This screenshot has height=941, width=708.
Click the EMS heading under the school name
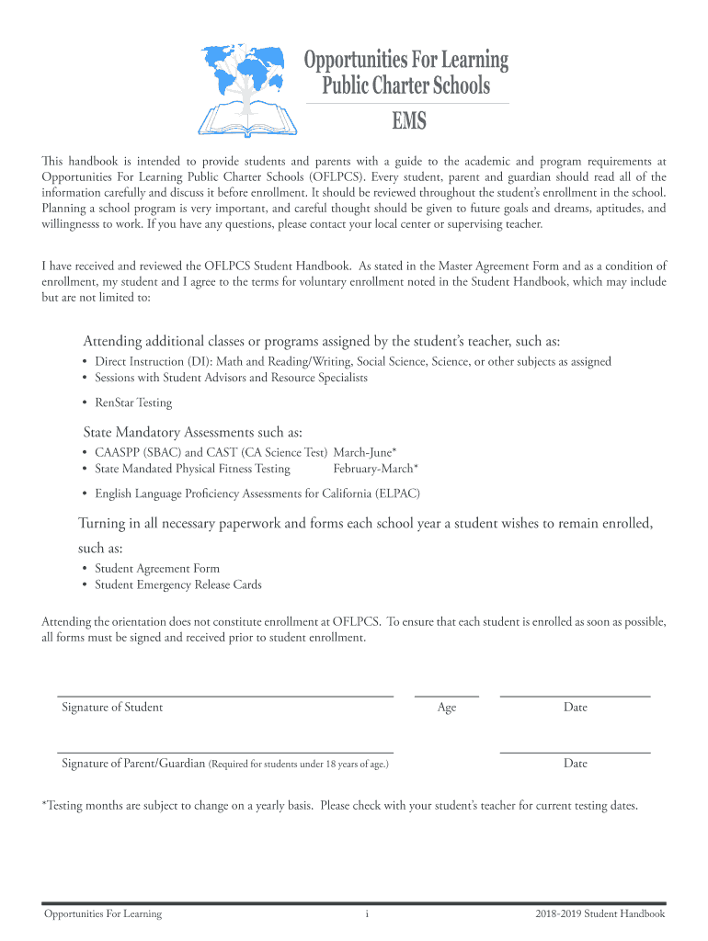click(405, 121)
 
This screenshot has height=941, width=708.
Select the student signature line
click(225, 696)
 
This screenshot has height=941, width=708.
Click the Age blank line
click(447, 696)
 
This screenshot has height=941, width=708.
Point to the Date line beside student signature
click(575, 696)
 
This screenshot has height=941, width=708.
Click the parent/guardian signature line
click(225, 752)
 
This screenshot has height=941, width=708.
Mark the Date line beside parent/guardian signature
click(575, 752)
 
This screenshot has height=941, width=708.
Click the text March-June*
click(365, 452)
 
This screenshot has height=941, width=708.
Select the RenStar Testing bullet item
click(133, 402)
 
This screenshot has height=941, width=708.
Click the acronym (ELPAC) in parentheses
click(397, 493)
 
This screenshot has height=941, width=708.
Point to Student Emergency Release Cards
click(178, 584)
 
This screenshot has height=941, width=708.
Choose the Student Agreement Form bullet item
click(157, 569)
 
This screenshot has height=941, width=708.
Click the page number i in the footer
click(367, 913)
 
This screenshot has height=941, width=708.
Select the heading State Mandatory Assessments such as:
click(193, 432)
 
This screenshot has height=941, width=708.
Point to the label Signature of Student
click(112, 708)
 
